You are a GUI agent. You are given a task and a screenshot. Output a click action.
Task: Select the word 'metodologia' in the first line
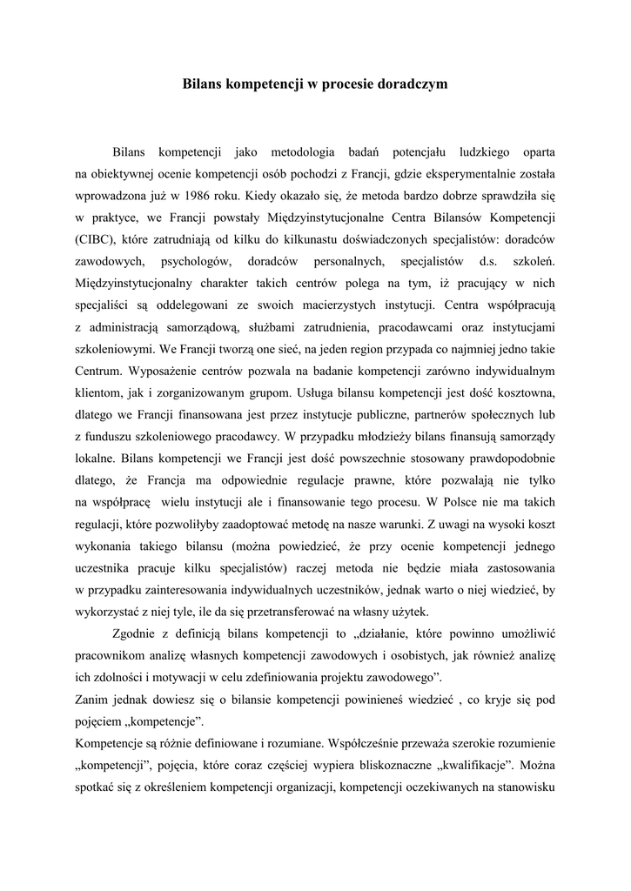(x=291, y=149)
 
